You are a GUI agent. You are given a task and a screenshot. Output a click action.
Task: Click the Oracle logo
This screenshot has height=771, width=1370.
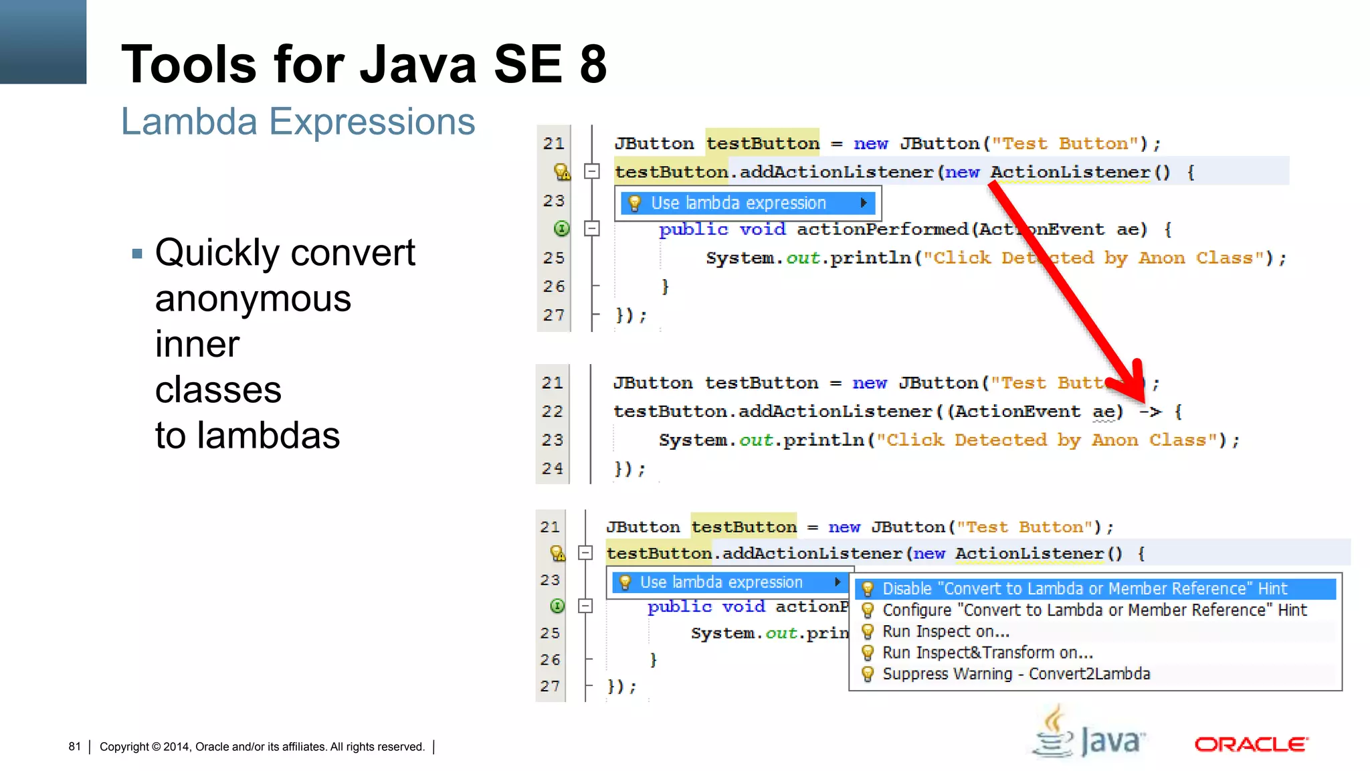pos(1251,744)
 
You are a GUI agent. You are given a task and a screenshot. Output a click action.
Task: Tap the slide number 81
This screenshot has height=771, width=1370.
pos(74,746)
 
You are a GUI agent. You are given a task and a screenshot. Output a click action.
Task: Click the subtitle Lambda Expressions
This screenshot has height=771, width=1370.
pos(298,122)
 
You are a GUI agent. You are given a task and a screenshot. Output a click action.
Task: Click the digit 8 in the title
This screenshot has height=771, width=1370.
pos(593,64)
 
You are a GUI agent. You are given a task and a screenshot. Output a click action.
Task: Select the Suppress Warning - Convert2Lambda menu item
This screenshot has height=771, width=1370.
pos(1015,674)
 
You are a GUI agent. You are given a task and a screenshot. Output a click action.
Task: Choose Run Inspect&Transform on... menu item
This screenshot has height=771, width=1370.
pos(987,653)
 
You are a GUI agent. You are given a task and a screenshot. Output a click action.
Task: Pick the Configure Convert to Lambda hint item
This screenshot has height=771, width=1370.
pos(1094,610)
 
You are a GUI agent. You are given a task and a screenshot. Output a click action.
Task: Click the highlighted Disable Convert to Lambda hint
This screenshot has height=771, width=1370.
pos(1084,589)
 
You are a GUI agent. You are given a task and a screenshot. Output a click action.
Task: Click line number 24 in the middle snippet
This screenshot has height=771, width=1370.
pos(553,468)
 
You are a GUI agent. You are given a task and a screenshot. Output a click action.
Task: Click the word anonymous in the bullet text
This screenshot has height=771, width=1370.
pos(253,298)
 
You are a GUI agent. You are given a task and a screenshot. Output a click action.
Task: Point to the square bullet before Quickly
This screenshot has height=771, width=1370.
pos(138,254)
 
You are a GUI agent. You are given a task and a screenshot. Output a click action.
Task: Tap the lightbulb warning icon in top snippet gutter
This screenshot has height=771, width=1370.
pos(562,172)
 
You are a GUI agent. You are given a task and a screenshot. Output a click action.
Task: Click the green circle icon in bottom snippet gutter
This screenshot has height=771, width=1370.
pos(557,606)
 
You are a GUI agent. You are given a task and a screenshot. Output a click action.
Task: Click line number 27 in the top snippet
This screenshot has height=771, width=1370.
pos(554,315)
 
